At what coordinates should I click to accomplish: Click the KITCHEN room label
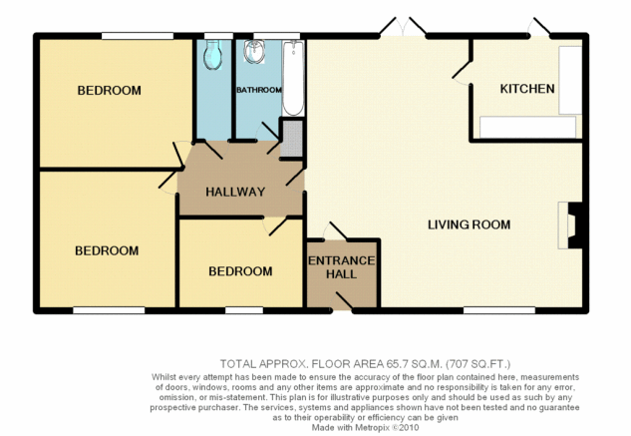527,89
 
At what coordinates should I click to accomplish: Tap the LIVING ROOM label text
469,224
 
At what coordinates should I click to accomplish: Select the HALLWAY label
235,192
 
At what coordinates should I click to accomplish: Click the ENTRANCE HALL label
342,267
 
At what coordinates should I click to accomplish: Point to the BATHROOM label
259,90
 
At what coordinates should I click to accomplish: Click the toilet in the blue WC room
213,55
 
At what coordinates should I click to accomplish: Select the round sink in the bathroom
254,52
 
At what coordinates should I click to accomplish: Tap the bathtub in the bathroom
293,78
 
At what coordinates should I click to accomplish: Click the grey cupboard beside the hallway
291,139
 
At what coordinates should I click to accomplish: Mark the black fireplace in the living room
575,225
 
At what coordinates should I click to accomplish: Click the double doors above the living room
403,27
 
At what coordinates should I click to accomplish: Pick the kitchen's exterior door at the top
539,27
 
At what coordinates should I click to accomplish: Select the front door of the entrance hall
343,302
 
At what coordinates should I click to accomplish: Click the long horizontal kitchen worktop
527,127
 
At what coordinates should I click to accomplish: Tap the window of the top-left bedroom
138,36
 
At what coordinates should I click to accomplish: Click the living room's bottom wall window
499,310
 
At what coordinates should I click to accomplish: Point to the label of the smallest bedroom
240,271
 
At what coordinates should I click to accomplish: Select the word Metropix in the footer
372,428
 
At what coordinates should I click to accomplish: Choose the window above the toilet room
218,36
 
